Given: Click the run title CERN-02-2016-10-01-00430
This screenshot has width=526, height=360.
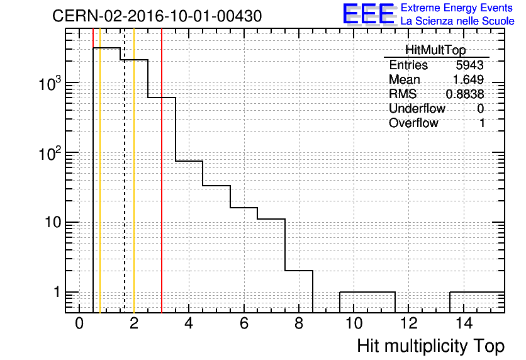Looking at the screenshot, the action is coord(157,16).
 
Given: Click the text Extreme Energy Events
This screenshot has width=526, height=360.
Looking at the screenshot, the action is coord(457,8).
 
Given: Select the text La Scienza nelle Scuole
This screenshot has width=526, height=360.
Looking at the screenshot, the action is coord(457,21).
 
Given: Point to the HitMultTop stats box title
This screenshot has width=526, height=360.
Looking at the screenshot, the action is coord(435,50).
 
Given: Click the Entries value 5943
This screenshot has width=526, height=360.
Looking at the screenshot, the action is coord(469,65).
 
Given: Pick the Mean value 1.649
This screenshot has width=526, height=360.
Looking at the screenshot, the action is coord(468,79).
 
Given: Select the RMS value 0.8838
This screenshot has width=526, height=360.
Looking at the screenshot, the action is coord(465,94).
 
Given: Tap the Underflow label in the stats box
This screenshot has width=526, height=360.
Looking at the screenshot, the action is coord(417,109).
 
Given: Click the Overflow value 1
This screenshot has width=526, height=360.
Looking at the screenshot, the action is coord(481,123).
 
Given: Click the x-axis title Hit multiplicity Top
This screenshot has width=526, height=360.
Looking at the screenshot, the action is coord(431,346).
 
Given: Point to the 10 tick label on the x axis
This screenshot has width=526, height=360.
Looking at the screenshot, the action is coord(354,323).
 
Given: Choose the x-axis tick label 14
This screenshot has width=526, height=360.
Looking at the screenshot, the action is coord(464,323).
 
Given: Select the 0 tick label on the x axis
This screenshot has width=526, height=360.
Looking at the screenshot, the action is coord(79,323).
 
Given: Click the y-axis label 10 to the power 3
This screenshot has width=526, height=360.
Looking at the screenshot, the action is coord(50,83).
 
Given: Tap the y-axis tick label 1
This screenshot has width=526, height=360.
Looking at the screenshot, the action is coord(57,292).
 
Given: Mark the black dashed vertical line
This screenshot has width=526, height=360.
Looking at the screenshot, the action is coord(125,171).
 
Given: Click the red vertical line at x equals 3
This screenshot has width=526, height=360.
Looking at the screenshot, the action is coord(162,171).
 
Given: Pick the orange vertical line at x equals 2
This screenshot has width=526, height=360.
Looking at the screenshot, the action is coord(134,171).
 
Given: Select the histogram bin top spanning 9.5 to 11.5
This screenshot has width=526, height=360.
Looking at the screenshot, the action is coord(367,292).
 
